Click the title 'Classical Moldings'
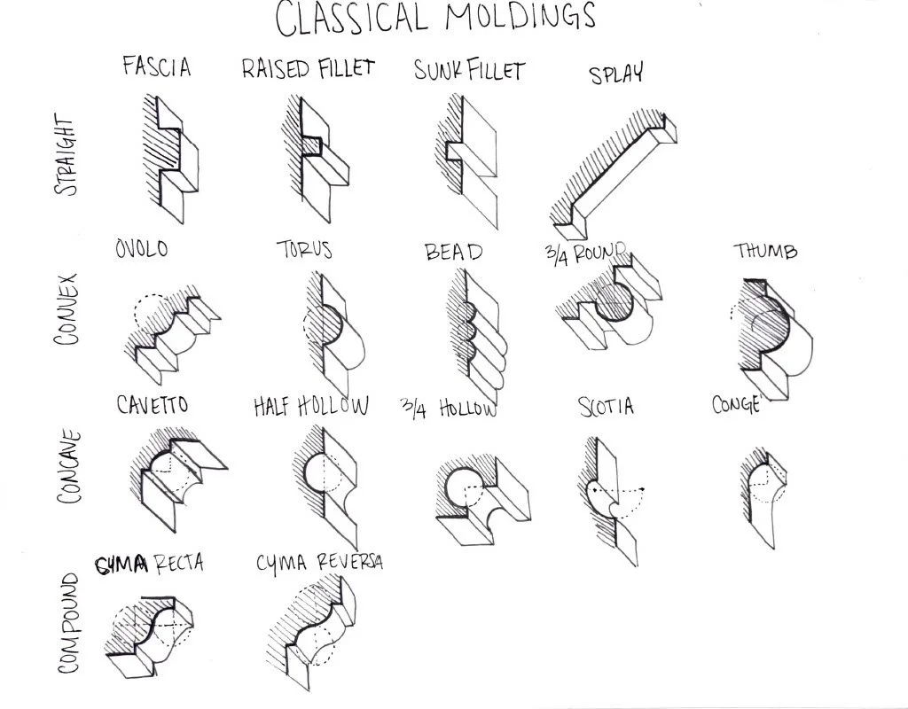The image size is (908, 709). tap(434, 19)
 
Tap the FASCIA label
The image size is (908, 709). tap(157, 66)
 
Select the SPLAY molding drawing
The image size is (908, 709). tap(612, 168)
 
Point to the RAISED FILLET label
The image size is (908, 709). tap(308, 69)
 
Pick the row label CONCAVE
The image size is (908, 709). tap(69, 467)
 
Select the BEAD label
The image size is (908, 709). tap(454, 253)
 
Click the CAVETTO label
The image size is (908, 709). tap(153, 405)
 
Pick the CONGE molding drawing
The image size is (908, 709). tap(763, 487)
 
